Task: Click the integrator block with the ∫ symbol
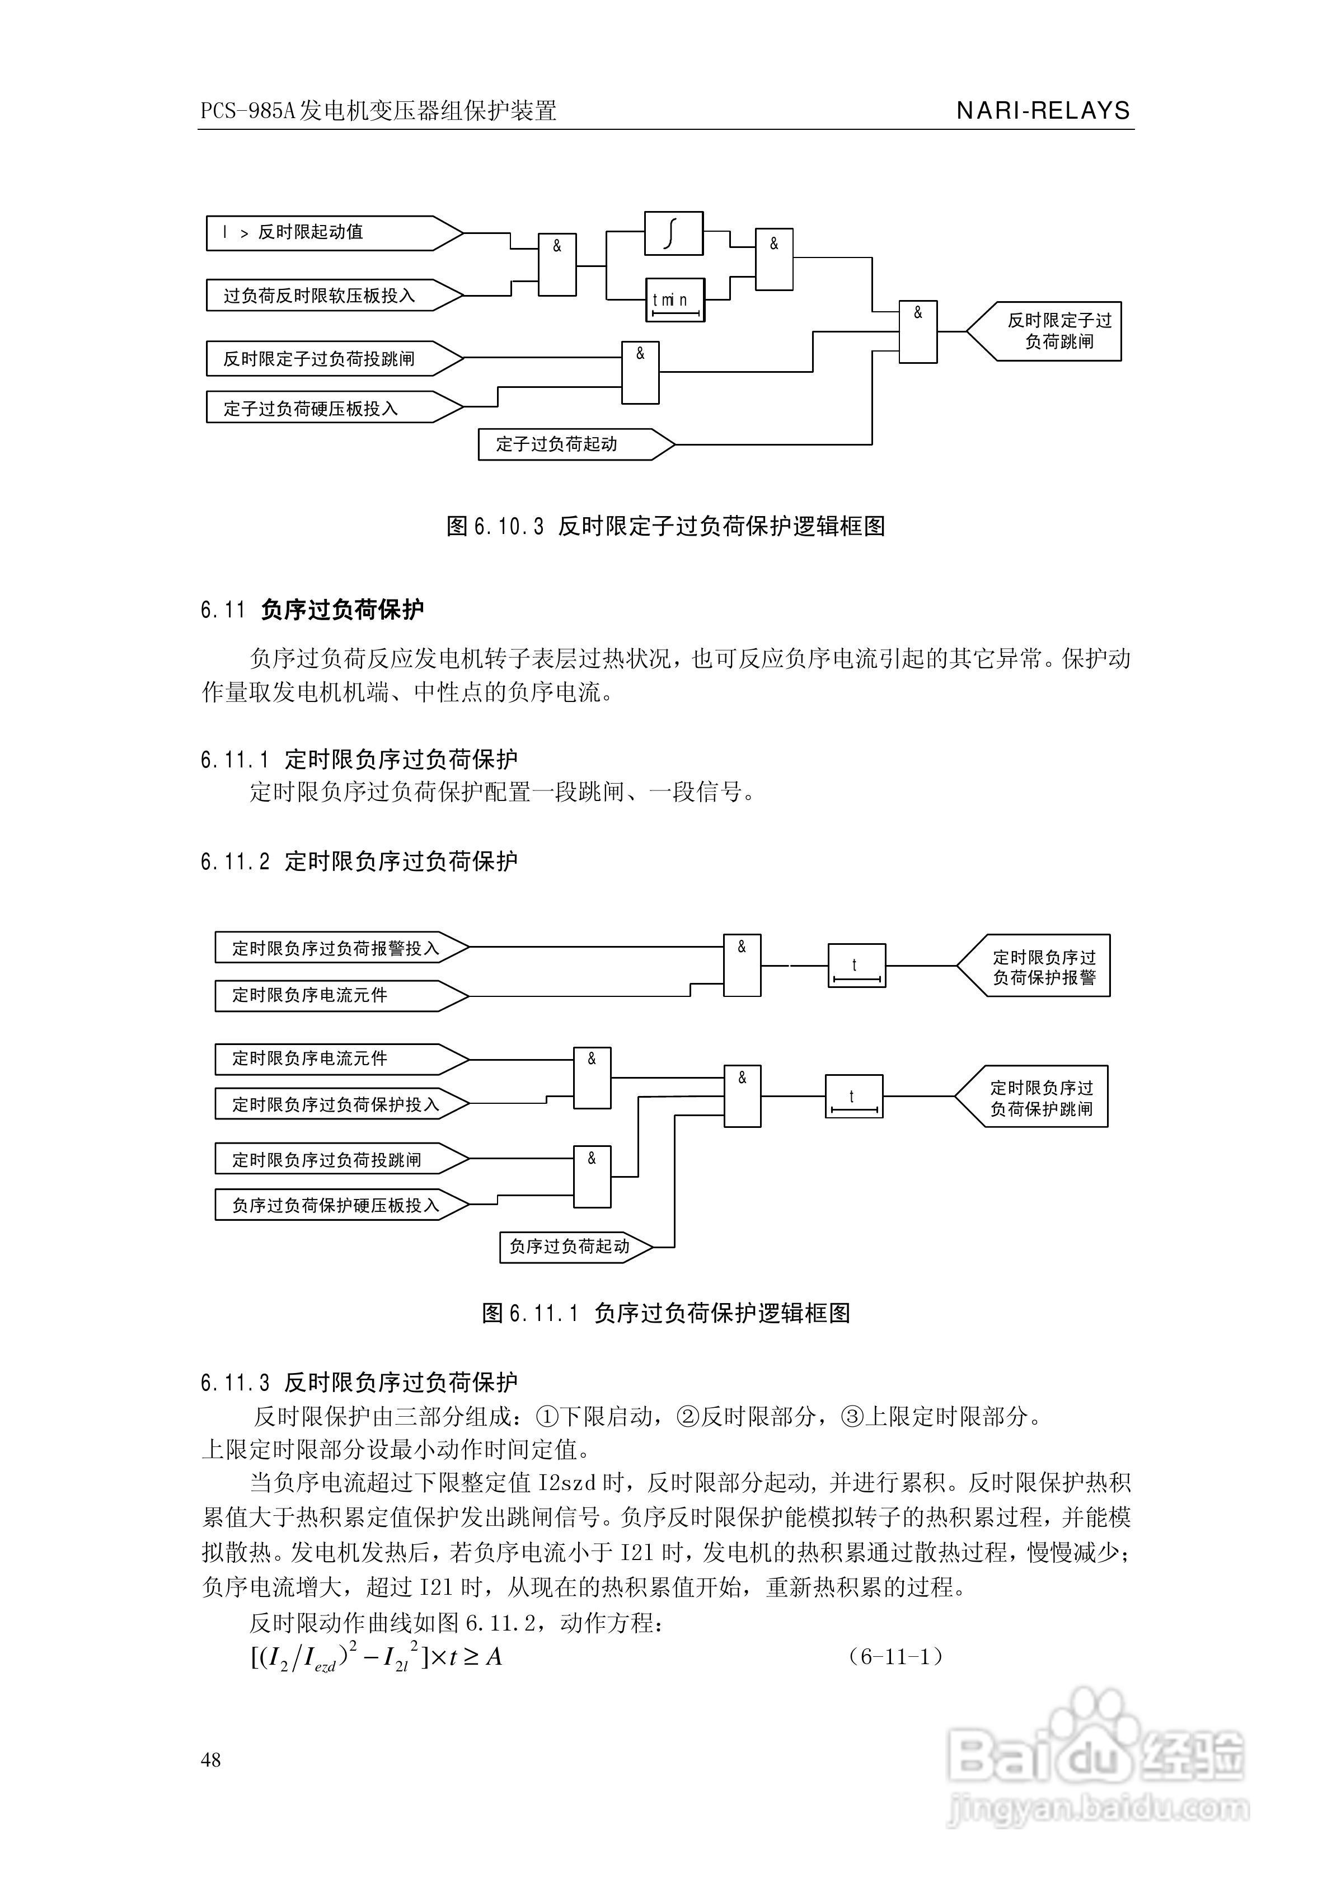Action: tap(673, 234)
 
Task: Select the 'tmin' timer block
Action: tap(675, 299)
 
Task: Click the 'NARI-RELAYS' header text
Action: tap(1043, 111)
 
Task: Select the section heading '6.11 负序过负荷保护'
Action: tap(312, 610)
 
